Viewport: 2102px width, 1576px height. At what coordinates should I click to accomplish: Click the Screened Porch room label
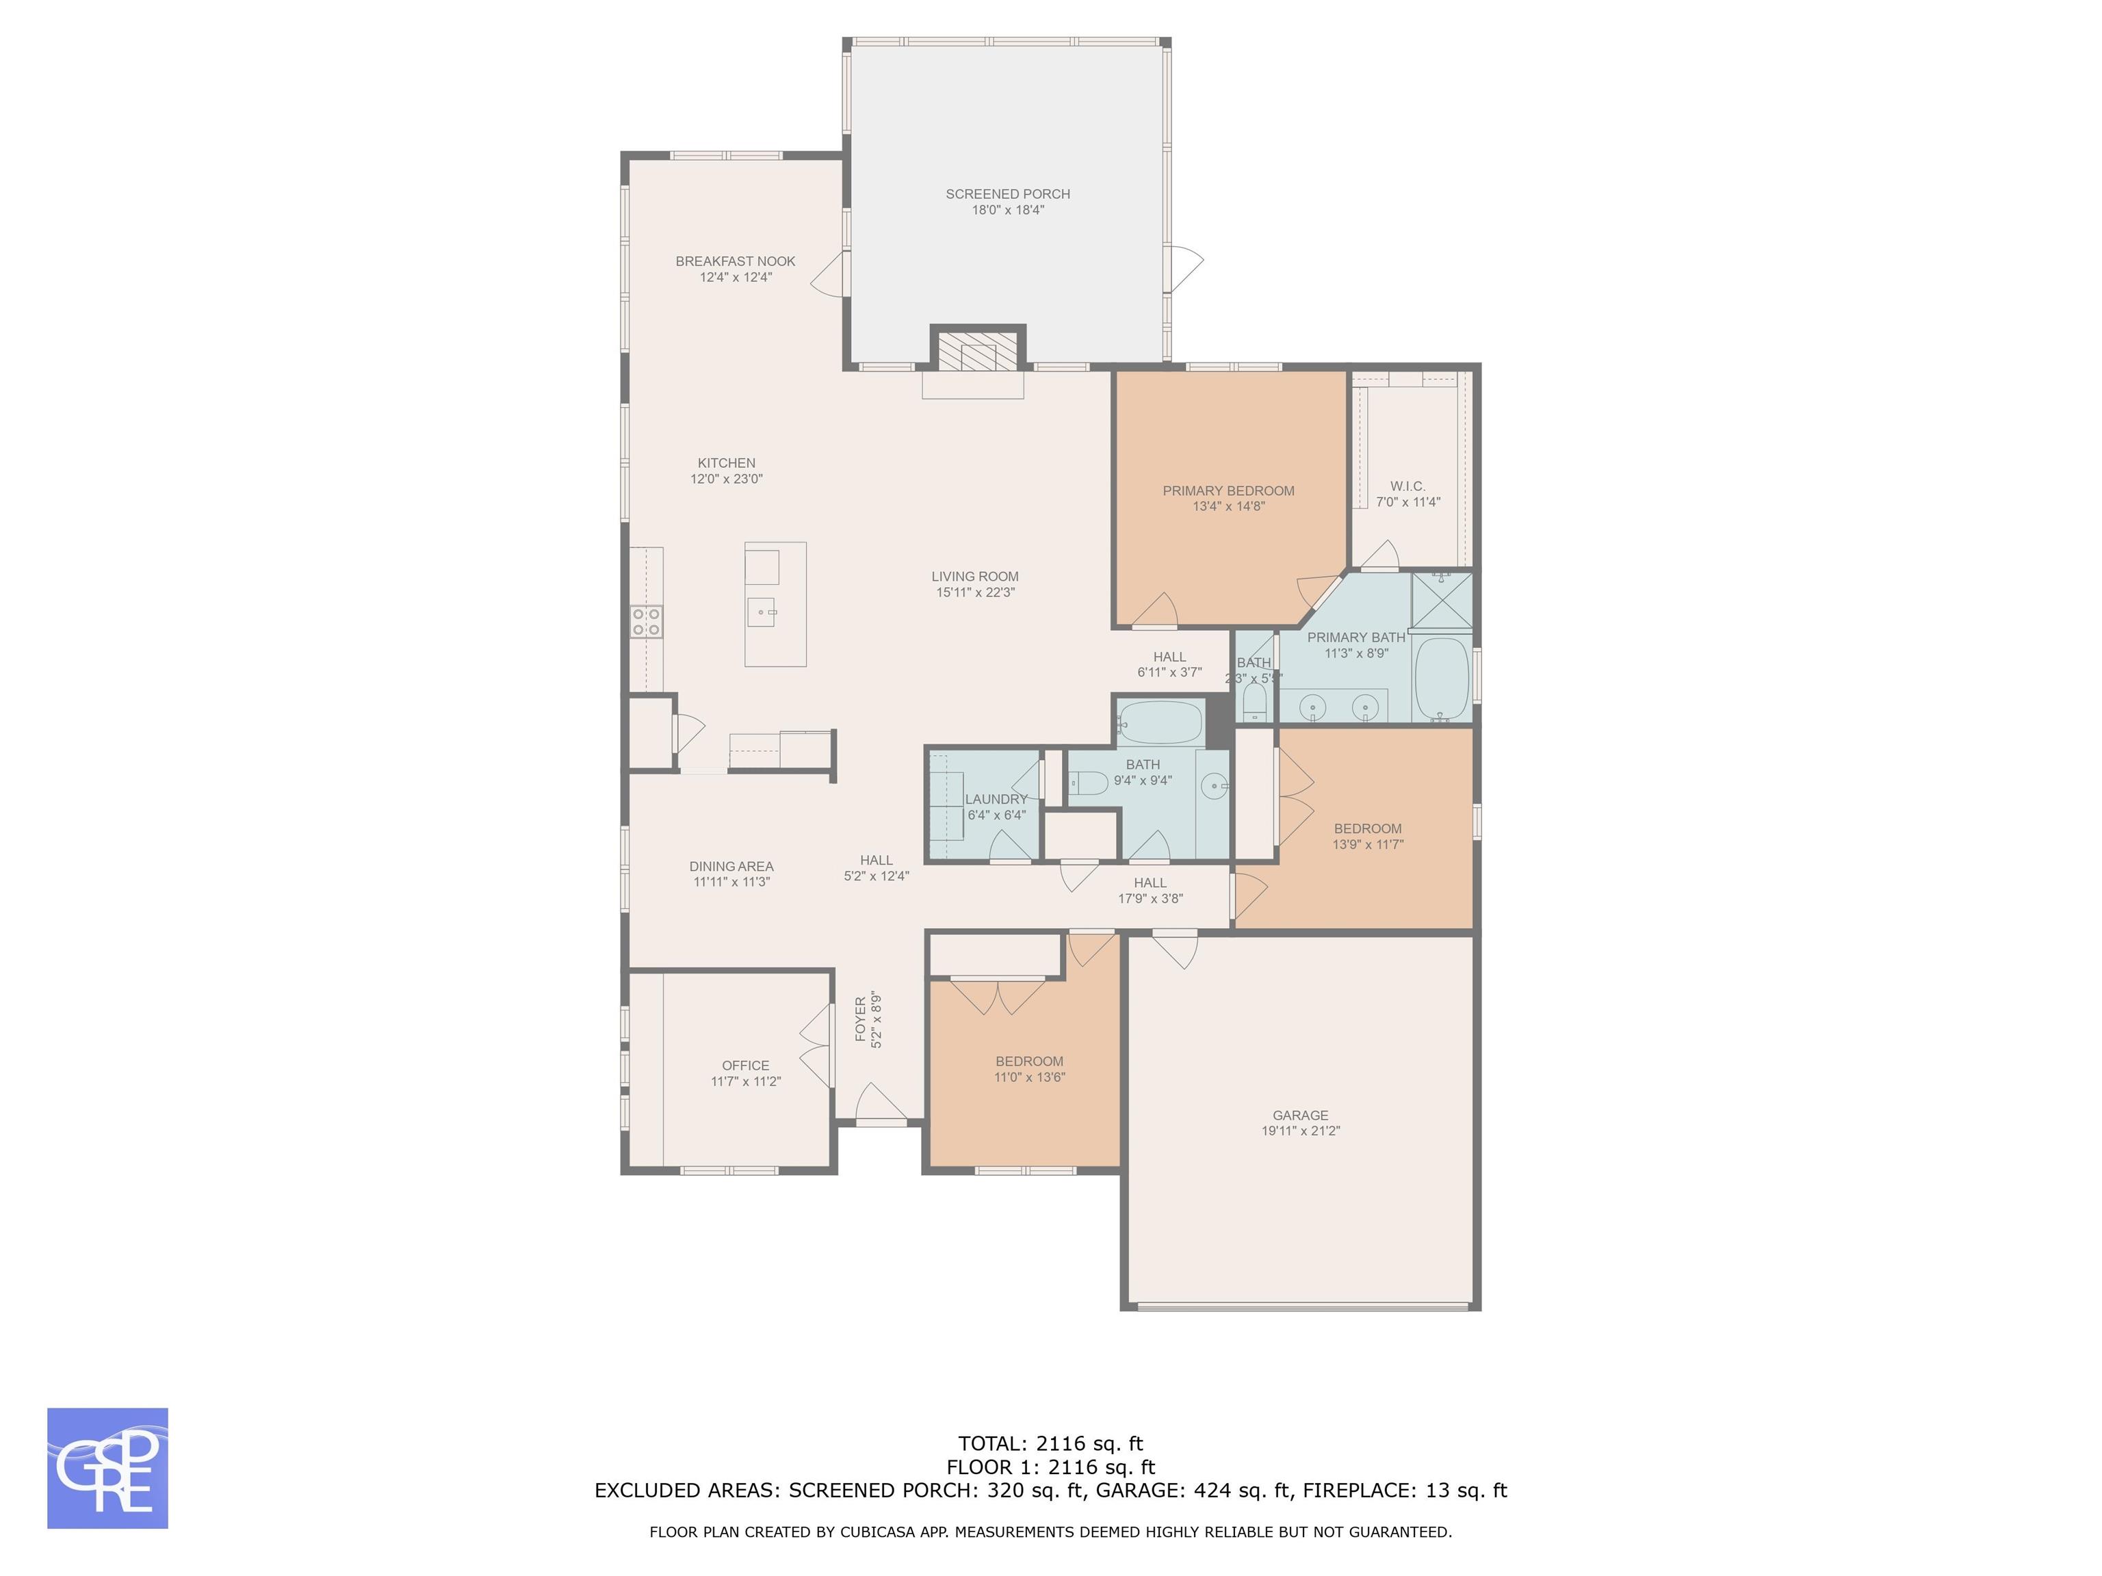point(1007,194)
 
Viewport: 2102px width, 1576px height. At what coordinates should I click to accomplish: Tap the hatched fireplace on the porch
point(978,347)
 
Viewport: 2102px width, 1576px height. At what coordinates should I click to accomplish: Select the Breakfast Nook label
point(736,261)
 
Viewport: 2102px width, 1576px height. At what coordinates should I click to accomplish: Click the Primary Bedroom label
point(1229,491)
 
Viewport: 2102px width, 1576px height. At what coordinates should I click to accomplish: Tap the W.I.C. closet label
point(1407,486)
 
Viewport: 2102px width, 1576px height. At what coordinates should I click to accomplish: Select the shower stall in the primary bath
point(1442,601)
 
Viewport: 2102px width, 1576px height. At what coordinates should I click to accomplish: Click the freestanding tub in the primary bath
point(1442,679)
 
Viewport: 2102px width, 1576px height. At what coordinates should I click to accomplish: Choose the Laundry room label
point(996,799)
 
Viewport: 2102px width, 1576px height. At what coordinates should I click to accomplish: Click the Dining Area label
point(731,867)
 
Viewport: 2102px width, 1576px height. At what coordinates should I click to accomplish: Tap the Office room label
point(746,1066)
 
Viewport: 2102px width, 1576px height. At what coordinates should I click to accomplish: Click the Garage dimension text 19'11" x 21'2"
point(1300,1131)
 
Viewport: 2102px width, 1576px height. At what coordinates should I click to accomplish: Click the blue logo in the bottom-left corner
point(107,1468)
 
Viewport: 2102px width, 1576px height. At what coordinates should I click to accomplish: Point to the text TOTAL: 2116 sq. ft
point(1051,1445)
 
